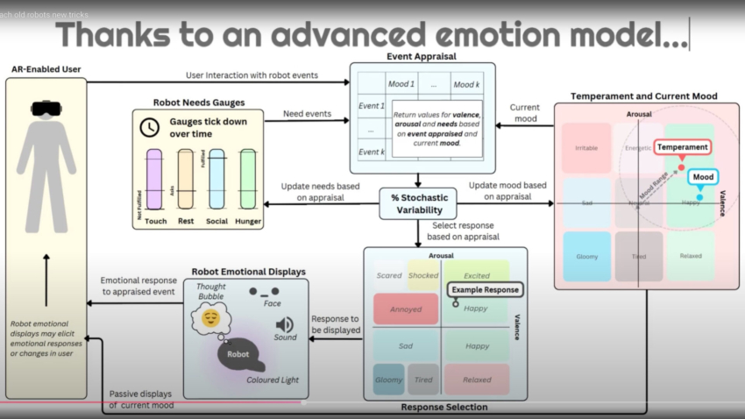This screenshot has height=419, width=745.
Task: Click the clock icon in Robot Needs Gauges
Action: (x=150, y=127)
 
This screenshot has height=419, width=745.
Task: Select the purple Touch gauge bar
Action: (x=156, y=180)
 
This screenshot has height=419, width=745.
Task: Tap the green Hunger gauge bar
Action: (x=248, y=180)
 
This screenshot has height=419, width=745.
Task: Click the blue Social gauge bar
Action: (x=216, y=180)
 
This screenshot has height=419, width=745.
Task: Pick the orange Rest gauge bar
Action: (x=186, y=180)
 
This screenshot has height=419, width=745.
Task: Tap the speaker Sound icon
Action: (x=285, y=325)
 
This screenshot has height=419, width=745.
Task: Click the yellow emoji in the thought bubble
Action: (x=211, y=317)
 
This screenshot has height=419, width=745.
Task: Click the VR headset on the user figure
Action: (x=45, y=110)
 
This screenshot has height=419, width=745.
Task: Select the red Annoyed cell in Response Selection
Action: (x=405, y=309)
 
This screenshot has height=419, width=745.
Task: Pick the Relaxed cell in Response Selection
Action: (x=476, y=379)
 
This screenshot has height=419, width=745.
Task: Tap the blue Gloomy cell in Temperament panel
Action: (x=586, y=257)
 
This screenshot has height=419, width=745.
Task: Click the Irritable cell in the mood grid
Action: (x=586, y=148)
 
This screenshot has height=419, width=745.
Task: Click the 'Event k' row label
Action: (x=372, y=152)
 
